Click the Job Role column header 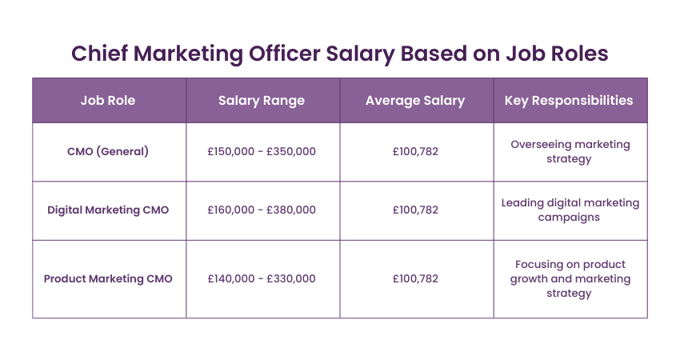click(108, 101)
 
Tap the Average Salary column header click(415, 101)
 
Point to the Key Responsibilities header click(569, 101)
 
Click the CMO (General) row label click(108, 151)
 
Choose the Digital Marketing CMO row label click(108, 210)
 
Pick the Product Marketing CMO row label click(108, 278)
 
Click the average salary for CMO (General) click(415, 151)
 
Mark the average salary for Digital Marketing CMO click(415, 210)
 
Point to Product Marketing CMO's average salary click(415, 278)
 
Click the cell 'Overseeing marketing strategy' click(570, 151)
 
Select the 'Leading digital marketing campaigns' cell click(570, 210)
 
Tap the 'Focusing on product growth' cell click(570, 278)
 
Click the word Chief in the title click(99, 54)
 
